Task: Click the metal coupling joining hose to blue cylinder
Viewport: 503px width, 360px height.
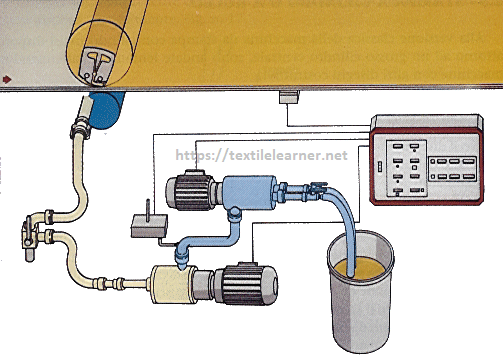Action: pos(79,129)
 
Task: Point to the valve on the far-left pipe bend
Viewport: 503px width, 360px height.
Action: pos(25,238)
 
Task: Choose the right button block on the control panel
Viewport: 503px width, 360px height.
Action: pos(454,167)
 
